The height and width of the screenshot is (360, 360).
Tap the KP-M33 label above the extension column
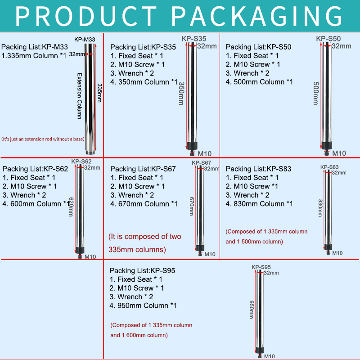[x=85, y=40]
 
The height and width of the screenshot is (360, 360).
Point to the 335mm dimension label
[x=99, y=92]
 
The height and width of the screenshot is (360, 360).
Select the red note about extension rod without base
[x=43, y=139]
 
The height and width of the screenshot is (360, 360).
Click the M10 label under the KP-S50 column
[x=339, y=153]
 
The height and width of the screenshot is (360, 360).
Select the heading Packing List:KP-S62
[x=36, y=169]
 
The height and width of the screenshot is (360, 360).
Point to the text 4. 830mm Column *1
[x=259, y=204]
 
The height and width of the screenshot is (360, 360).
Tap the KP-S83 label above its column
[x=329, y=167]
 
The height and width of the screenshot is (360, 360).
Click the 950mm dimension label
[x=252, y=310]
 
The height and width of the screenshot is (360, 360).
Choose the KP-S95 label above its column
[x=261, y=267]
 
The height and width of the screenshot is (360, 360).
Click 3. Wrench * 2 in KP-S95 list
[x=132, y=297]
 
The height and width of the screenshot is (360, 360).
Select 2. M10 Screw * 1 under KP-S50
[x=253, y=64]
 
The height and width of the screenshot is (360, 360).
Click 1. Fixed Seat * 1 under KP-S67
[x=137, y=178]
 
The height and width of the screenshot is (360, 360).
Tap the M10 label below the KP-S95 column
[x=269, y=356]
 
